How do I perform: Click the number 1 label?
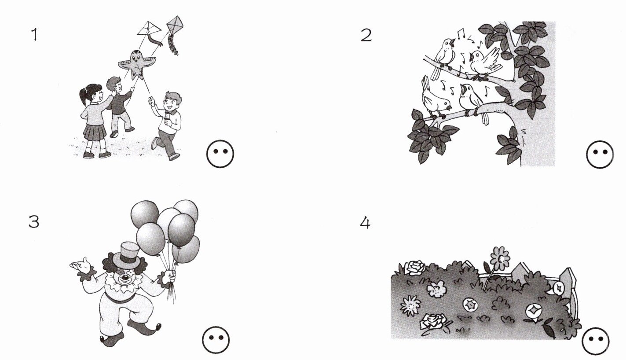click(x=34, y=35)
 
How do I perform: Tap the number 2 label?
click(x=366, y=36)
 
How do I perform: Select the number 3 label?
click(x=34, y=222)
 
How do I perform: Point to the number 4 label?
click(x=365, y=223)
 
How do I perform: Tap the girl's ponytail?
click(x=83, y=96)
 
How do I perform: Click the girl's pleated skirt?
click(x=95, y=132)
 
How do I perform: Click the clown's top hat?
click(x=126, y=255)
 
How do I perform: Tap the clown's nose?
click(x=125, y=279)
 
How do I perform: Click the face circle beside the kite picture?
click(x=220, y=154)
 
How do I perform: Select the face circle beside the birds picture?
click(x=600, y=154)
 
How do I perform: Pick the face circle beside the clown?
click(x=216, y=340)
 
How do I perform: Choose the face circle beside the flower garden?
click(x=596, y=341)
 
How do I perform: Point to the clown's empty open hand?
click(x=81, y=264)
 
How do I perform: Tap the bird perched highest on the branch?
click(x=445, y=55)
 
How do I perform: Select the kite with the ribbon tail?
click(x=150, y=32)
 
